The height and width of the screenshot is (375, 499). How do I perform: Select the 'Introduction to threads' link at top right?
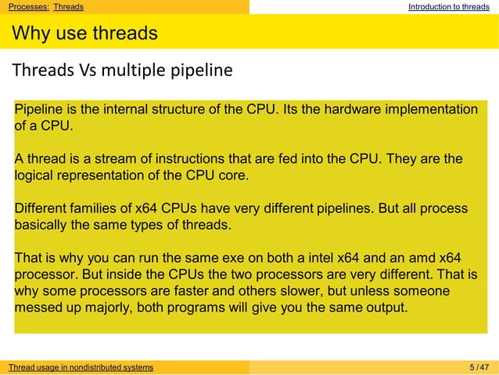click(x=448, y=7)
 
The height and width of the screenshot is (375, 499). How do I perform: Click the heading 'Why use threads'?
click(x=84, y=34)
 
